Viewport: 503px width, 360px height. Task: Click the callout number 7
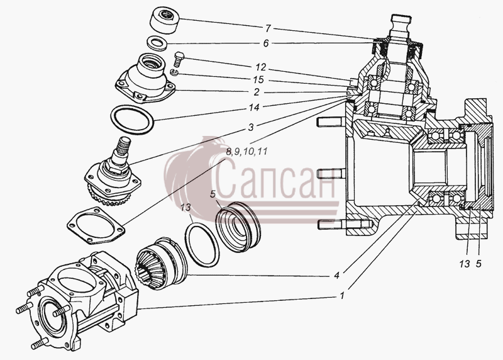pos(268,28)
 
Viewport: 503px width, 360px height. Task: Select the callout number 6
pos(266,43)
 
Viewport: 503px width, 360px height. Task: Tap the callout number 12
pos(261,67)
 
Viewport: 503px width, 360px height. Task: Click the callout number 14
pos(254,107)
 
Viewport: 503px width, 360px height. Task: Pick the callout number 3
pos(250,127)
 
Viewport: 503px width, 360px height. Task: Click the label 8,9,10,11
pos(246,151)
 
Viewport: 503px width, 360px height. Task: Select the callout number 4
pos(336,276)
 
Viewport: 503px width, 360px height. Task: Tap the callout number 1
pos(342,295)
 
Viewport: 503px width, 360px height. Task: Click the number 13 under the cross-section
pos(464,264)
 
